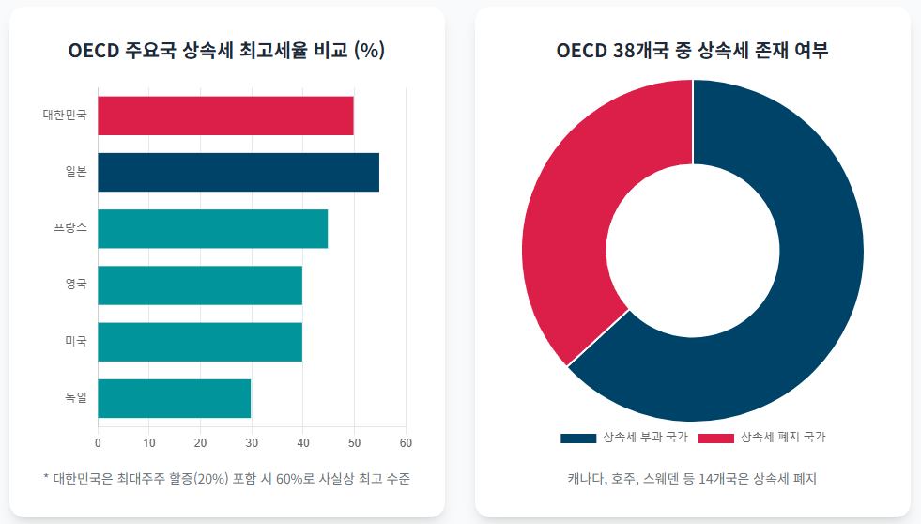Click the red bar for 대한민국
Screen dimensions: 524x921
(225, 116)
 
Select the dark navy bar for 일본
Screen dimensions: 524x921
(238, 172)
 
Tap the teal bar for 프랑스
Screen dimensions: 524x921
(212, 228)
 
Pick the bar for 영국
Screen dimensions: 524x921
(200, 285)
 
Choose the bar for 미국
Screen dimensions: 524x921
(200, 342)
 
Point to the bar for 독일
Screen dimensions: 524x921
(174, 398)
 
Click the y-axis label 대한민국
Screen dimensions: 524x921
(65, 116)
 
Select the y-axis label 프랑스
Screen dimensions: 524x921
(70, 228)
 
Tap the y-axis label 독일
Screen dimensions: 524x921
(76, 398)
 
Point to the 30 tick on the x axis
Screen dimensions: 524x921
(252, 442)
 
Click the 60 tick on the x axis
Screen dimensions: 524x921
(406, 442)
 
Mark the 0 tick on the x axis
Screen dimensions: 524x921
(98, 442)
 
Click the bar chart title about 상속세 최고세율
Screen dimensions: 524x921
(226, 51)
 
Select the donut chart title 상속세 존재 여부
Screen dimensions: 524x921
(692, 51)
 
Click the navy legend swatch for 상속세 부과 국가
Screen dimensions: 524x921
(577, 438)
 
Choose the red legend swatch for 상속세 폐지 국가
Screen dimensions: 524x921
(716, 438)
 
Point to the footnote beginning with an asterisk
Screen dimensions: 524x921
(226, 479)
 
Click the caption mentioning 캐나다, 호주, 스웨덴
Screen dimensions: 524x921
(692, 479)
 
